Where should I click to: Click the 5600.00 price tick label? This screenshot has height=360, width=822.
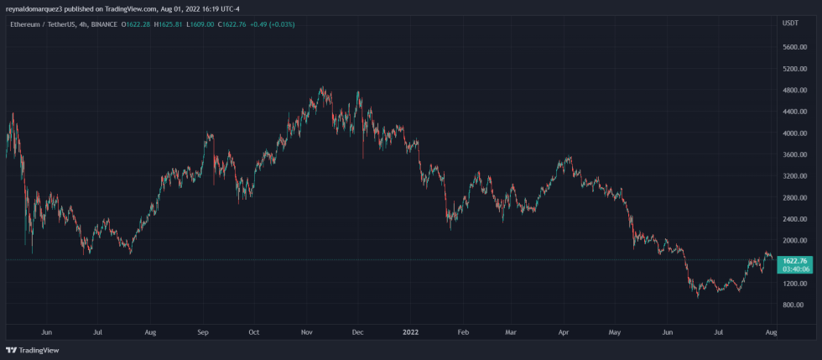794,47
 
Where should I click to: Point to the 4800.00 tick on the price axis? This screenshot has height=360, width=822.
794,90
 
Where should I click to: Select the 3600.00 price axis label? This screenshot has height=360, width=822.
794,154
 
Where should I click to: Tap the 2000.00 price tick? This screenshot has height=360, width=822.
794,241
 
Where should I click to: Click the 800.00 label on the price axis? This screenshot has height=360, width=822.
794,305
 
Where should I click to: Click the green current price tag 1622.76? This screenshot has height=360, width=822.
794,261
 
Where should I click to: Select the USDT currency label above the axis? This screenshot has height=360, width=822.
789,23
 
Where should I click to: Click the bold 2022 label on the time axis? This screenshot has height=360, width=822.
410,332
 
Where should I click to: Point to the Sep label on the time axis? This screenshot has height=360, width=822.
202,332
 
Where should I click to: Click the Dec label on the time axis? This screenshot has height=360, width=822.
356,332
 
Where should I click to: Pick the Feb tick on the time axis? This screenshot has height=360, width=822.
462,332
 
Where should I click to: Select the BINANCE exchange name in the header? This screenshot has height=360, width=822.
105,23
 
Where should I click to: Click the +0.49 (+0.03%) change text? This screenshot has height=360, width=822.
271,23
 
